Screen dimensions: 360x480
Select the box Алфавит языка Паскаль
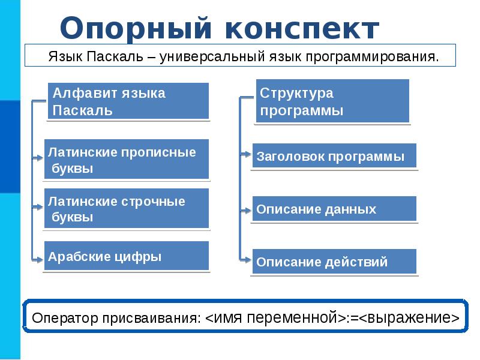(128, 101)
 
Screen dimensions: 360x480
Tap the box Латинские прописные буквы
(127, 160)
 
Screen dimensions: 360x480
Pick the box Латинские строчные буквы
(127, 208)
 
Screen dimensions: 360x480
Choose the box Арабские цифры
(127, 256)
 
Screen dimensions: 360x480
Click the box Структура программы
(332, 101)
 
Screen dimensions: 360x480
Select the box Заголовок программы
(334, 156)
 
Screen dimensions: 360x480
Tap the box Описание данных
(334, 209)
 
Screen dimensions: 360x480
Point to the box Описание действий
(334, 262)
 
